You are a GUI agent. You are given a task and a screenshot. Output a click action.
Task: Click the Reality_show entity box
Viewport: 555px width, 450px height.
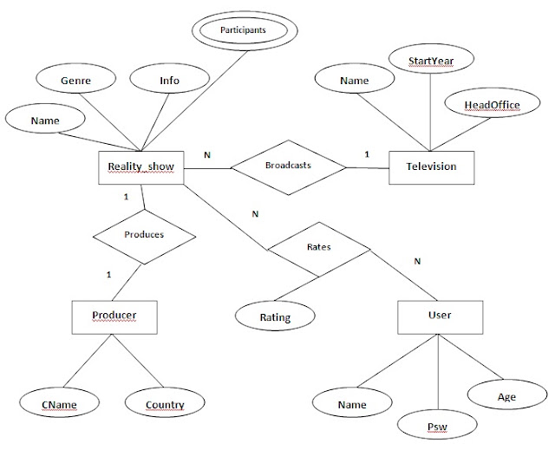141,167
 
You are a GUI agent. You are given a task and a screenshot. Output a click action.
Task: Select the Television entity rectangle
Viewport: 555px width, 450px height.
432,167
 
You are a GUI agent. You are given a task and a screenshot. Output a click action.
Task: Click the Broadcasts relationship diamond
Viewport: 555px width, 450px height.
289,167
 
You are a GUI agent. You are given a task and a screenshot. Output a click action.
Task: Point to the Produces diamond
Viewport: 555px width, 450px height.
144,237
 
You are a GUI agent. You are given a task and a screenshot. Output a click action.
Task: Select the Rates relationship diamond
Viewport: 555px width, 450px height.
319,250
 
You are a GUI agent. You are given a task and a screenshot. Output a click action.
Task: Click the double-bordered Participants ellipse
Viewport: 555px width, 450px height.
245,30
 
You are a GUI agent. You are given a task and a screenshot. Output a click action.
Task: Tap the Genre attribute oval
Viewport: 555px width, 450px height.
75,79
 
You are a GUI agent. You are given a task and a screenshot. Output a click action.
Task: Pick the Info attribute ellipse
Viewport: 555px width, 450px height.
170,79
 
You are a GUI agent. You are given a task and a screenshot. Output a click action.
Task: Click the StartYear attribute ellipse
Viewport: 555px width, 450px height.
431,59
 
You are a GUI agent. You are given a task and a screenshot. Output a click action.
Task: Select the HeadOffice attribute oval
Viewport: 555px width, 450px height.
492,103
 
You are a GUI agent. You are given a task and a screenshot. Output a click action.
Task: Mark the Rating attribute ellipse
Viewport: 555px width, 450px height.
275,316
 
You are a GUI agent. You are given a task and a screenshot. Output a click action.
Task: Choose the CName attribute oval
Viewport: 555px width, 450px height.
59,402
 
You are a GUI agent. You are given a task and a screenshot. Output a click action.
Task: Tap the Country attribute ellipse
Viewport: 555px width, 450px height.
165,402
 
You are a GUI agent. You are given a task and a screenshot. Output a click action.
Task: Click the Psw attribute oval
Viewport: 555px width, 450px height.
437,425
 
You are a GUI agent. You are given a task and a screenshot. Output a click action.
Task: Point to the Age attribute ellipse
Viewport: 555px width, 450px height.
507,395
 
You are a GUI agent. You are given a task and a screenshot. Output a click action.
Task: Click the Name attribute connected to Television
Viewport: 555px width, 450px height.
355,79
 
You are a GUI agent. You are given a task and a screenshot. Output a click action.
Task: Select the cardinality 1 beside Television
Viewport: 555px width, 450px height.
367,154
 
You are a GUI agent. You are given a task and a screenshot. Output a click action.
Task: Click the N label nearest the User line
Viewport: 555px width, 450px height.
417,262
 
